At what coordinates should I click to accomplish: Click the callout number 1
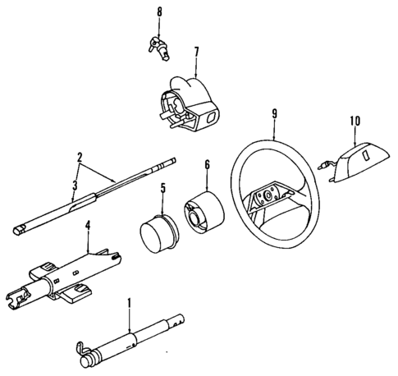pos(129,303)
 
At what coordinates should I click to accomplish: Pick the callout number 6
pos(207,165)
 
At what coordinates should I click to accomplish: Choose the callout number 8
pos(159,12)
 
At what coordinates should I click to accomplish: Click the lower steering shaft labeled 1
pos(140,336)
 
